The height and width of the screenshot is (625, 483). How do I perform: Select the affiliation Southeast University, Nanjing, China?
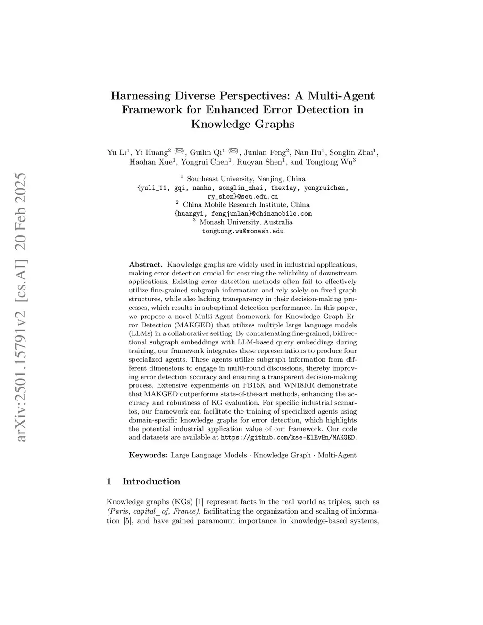click(246, 179)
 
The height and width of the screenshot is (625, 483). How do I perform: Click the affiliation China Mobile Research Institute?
click(246, 205)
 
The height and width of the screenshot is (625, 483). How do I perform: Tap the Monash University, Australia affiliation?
click(246, 222)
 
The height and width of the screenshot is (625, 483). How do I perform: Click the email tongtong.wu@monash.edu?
click(242, 231)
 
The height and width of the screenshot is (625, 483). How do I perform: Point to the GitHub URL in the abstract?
click(288, 437)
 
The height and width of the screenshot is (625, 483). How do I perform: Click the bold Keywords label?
click(148, 455)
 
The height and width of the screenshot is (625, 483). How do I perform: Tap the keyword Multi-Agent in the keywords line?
click(337, 455)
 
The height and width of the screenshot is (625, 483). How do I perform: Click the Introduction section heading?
click(151, 482)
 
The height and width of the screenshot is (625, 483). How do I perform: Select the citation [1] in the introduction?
click(200, 502)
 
